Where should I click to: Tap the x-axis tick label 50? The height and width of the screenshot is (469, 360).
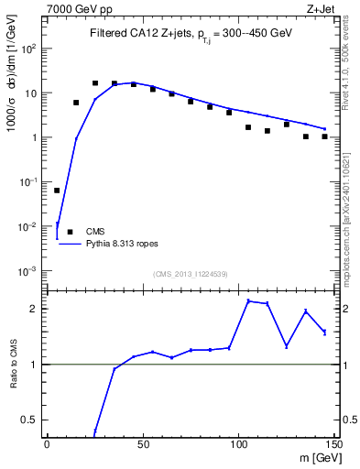click(143, 445)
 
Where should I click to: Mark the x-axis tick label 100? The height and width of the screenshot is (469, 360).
click(238, 445)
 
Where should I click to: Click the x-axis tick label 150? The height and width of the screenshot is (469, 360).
click(333, 445)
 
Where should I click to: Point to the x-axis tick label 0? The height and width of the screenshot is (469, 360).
click(47, 445)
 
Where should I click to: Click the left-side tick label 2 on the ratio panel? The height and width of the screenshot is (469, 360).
click(33, 309)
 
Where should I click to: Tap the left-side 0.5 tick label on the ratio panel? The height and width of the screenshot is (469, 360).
click(30, 420)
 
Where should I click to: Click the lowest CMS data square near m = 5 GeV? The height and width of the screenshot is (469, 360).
click(57, 191)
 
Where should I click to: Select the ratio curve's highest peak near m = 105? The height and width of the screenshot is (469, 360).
click(248, 300)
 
